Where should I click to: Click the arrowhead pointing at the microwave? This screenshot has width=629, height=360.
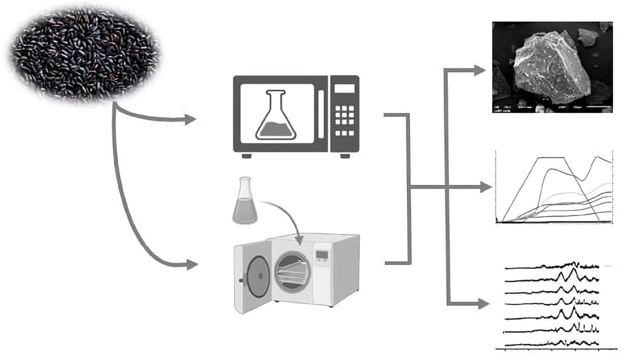(x=190, y=119)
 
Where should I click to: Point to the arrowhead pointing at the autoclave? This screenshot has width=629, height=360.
(x=191, y=265)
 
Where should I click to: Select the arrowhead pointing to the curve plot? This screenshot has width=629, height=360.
(x=486, y=188)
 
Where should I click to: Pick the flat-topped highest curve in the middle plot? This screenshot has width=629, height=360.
(x=552, y=158)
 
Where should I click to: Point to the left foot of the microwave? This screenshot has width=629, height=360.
(x=247, y=156)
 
